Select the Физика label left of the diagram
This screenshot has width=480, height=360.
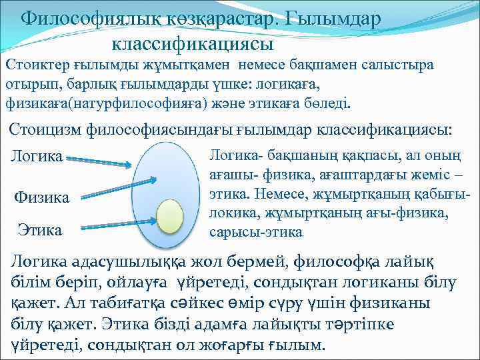click(42, 198)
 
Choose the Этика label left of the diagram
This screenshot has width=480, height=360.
click(39, 231)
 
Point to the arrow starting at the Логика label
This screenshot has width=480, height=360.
click(100, 161)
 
